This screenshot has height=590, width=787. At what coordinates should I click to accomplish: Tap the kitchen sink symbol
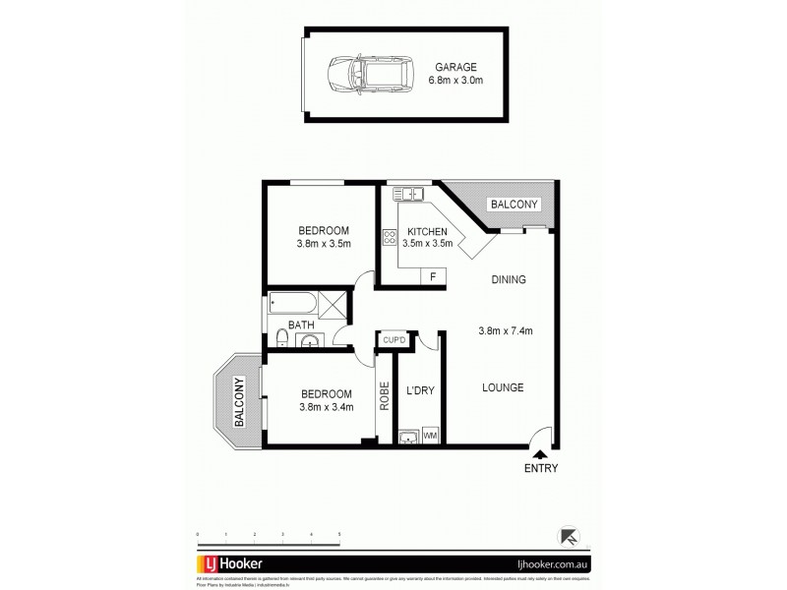pos(404,193)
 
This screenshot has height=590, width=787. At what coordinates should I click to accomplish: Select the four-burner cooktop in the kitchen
pos(389,236)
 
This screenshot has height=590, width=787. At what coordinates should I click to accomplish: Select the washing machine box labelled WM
pos(429,433)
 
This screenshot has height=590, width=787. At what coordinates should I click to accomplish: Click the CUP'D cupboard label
pos(394,340)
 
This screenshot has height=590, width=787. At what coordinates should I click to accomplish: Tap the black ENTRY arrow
pos(539,452)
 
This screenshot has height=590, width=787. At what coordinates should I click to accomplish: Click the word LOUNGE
pos(502,387)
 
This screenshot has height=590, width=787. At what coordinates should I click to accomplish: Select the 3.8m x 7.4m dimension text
pos(505,330)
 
